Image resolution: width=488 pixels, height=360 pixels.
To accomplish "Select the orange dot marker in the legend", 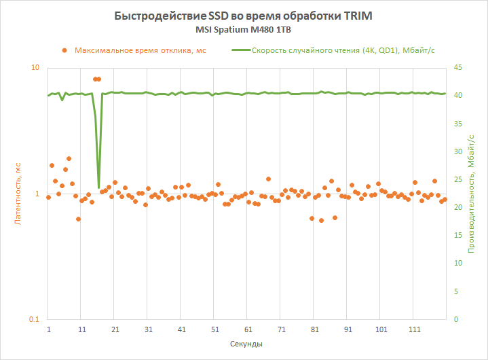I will coord(64,50).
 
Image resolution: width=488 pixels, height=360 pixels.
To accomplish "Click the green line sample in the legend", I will coord(240,50).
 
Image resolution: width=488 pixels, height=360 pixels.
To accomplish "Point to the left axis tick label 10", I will coord(35,68).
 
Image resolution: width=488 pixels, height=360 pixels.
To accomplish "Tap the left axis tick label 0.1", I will coord(34,320).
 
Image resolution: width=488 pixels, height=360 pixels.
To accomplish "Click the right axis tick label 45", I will coord(457,67).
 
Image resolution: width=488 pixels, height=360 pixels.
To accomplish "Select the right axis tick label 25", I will coord(457,179).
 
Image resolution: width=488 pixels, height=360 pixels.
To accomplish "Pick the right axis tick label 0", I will coord(455,319).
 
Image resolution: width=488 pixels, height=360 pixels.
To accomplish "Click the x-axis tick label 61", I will coord(248,329).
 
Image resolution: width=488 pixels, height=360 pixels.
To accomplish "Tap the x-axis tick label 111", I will coord(415,329).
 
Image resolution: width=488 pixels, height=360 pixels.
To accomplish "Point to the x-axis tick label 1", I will coord(49,329).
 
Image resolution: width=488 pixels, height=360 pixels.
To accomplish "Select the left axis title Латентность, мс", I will coord(20,194).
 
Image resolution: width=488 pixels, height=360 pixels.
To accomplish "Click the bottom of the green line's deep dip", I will coord(99,187).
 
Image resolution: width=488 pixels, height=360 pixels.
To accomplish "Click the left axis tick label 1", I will coord(37,194).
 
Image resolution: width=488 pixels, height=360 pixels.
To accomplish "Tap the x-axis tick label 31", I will coord(149,329).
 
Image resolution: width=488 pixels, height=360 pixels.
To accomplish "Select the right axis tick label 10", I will coord(457,264).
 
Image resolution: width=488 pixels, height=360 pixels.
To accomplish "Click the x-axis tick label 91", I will coord(348,329).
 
